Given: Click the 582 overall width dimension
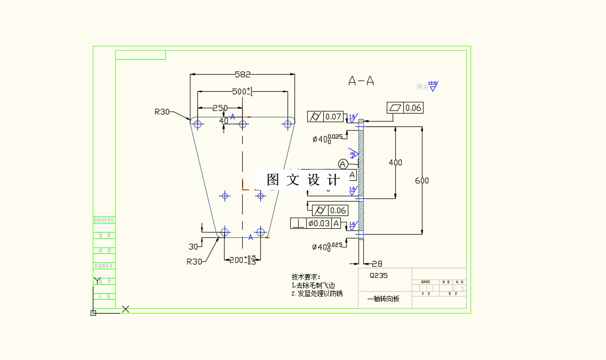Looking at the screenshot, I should (242, 75).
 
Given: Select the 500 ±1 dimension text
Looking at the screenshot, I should (243, 92).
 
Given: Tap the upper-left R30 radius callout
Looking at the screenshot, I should (162, 112).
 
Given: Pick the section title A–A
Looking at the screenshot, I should (361, 81).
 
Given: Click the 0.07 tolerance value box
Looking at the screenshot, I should (333, 116).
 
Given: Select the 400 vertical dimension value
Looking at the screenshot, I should (395, 163).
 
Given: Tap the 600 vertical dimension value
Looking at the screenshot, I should (422, 181).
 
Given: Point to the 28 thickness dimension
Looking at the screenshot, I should (377, 263).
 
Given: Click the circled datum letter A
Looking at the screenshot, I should (343, 164).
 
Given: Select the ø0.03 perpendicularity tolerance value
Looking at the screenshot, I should (319, 223).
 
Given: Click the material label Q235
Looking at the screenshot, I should (379, 276).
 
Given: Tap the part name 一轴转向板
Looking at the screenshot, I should (383, 299).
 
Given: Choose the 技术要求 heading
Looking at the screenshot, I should (306, 277).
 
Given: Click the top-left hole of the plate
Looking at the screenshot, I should (198, 124).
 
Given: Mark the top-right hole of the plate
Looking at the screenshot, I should (288, 124).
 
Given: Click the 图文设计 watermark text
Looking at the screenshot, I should (303, 180).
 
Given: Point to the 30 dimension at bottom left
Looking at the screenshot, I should (193, 246).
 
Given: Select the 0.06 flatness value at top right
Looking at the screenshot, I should (413, 108).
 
